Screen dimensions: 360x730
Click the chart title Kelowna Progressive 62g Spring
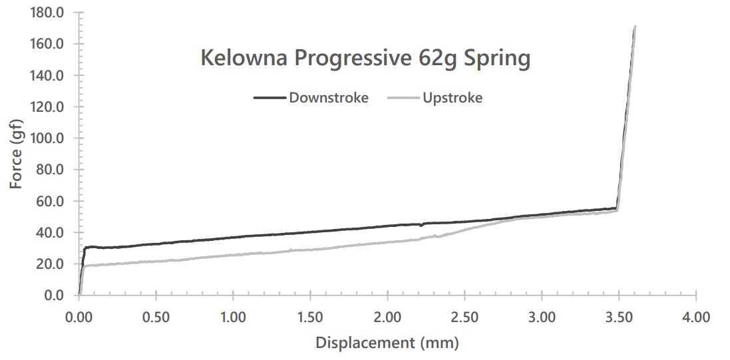point(365,59)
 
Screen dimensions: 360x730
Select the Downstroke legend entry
point(328,98)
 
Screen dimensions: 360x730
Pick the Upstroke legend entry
point(453,98)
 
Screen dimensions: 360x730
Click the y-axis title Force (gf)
point(17,154)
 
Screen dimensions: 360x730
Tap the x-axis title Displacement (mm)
point(387,343)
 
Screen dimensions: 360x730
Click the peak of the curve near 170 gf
point(635,27)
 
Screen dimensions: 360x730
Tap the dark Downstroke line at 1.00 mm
point(233,237)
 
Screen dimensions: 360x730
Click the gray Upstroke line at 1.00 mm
point(233,254)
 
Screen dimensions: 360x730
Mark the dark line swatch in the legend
point(269,98)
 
